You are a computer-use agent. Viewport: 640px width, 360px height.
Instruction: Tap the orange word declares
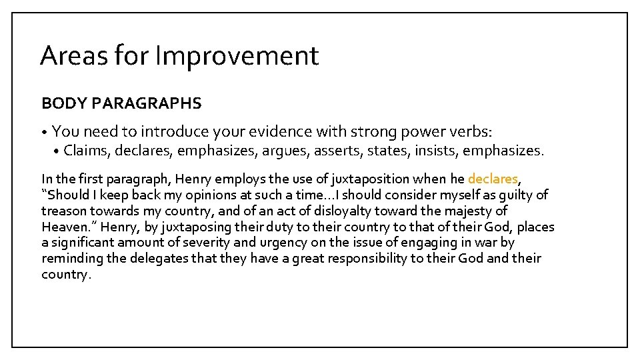[493, 179]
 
